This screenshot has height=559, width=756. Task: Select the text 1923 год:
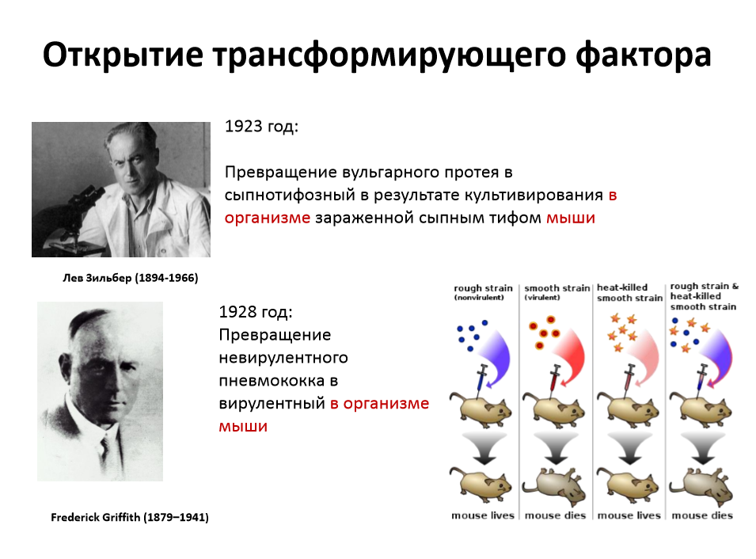262,127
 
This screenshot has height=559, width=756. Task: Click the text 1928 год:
256,312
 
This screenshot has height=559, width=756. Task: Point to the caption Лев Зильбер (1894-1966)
130,278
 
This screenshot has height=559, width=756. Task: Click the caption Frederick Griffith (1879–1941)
130,518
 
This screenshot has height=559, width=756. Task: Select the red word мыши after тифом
571,218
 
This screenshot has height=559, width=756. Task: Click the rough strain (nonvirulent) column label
483,292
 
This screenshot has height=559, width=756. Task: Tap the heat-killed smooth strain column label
629,293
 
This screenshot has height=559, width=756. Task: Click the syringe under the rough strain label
481,378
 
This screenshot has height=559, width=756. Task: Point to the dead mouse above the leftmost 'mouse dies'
554,486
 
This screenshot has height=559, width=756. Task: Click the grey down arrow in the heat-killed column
629,448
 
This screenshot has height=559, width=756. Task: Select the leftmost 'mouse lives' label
483,515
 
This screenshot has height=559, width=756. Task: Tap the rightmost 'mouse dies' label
702,515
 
